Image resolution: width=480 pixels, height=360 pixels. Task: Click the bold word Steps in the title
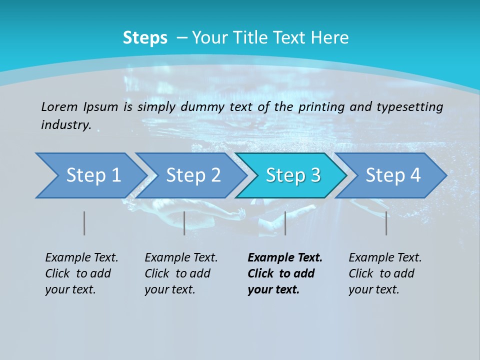145,38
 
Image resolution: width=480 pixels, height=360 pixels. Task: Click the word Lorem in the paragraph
59,106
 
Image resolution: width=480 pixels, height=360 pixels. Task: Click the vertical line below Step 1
84,223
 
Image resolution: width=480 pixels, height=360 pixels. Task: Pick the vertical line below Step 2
184,223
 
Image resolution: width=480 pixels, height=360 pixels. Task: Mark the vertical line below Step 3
285,223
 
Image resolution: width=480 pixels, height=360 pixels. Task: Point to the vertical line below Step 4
386,223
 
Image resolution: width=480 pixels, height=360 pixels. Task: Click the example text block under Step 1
81,273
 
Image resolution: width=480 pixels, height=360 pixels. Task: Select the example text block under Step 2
181,273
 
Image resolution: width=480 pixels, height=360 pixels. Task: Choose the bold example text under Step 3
285,273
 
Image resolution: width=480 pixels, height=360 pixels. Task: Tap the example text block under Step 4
385,273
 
